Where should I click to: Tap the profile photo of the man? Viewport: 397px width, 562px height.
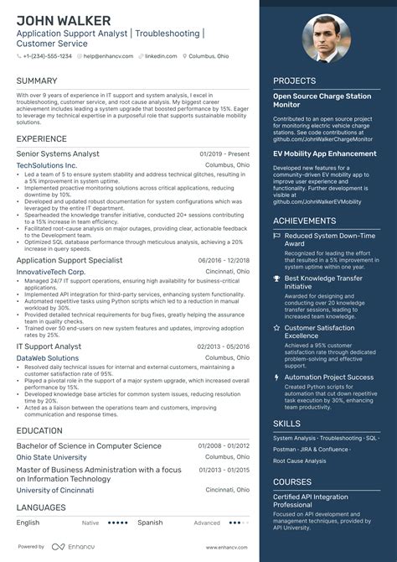tap(327, 38)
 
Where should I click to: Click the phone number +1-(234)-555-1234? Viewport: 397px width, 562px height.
tap(48, 55)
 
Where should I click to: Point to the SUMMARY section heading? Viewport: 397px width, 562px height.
tap(37, 81)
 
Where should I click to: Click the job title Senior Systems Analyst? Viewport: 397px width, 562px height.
tap(58, 154)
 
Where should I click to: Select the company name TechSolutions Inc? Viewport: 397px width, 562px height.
tap(47, 166)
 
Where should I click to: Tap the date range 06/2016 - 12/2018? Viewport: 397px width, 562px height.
tap(224, 261)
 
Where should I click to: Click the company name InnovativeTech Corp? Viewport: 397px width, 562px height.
tap(51, 272)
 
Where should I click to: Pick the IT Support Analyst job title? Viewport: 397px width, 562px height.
tap(49, 346)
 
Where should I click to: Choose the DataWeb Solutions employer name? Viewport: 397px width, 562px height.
tap(48, 358)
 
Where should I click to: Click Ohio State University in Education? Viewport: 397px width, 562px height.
tap(51, 457)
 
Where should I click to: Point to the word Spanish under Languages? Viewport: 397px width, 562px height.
tap(150, 523)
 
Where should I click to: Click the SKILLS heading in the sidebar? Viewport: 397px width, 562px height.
tap(286, 424)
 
